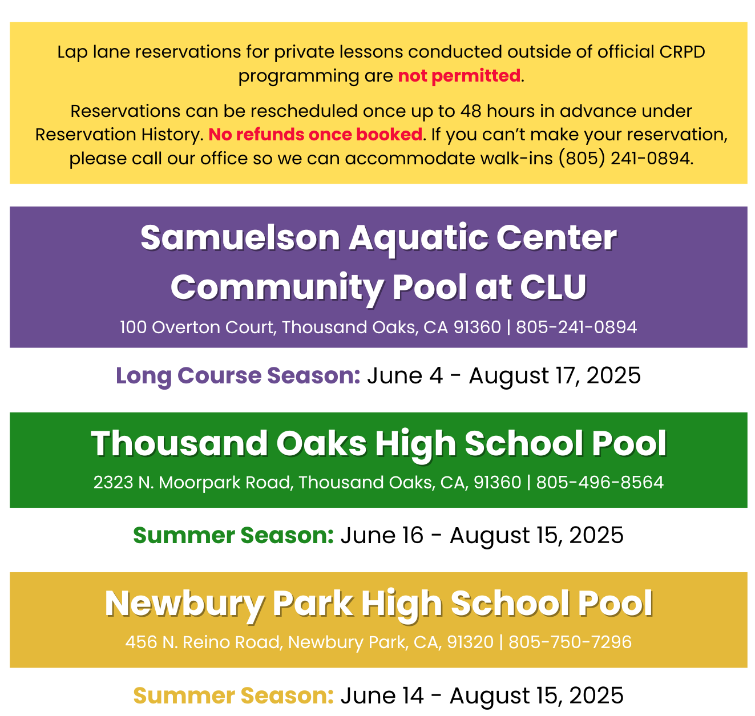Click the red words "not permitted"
(x=458, y=75)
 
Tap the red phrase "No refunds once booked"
(x=315, y=135)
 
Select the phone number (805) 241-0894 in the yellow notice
(x=625, y=158)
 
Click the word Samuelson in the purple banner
(x=240, y=238)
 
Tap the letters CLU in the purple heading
(x=554, y=287)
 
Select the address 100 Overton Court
(x=197, y=327)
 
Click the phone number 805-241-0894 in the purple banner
(x=576, y=327)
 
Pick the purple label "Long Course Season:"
(x=238, y=375)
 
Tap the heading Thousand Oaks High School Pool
(x=378, y=443)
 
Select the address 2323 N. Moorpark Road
(x=193, y=482)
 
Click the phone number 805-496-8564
(x=599, y=482)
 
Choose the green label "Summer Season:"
(x=233, y=535)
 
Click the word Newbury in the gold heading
(x=184, y=604)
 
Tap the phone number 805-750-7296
(x=570, y=642)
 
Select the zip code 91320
(x=470, y=642)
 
